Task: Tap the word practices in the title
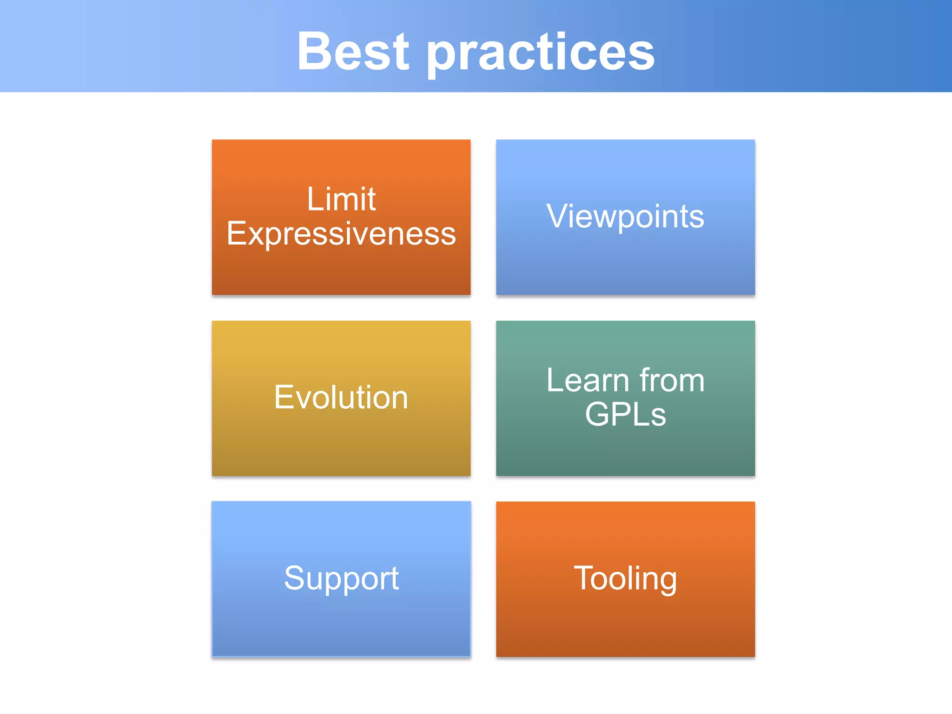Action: [541, 53]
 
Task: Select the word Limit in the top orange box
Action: [341, 199]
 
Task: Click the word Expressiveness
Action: [341, 234]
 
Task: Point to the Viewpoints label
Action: [625, 217]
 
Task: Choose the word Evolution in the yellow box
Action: [341, 397]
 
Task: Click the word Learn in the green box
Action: [588, 381]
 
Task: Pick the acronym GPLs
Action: [625, 414]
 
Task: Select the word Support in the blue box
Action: [341, 579]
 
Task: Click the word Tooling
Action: [625, 579]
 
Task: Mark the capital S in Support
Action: [296, 578]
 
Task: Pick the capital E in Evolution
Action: [284, 397]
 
